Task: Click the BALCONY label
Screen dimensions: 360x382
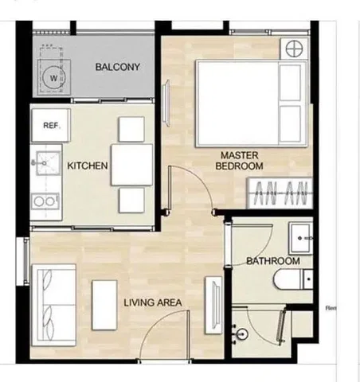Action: (x=118, y=67)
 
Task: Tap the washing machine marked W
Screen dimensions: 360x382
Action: (x=54, y=77)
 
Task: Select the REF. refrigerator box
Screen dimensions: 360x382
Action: (x=51, y=125)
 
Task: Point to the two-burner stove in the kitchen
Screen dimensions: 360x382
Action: (x=45, y=201)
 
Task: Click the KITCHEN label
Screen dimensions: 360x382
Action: (x=88, y=166)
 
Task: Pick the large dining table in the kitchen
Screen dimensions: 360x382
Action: (x=132, y=165)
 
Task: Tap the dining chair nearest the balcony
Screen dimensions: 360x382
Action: (x=131, y=129)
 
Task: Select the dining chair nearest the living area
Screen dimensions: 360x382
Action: (x=132, y=201)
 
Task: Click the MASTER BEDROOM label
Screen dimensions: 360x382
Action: (x=239, y=161)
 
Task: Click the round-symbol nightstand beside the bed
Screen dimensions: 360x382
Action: (x=294, y=49)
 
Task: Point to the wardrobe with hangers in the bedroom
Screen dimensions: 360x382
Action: (x=280, y=193)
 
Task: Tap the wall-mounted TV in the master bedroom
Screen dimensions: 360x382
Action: (x=166, y=103)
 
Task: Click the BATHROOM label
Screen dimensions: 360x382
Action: (x=273, y=261)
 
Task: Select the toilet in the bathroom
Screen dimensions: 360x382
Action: (x=293, y=279)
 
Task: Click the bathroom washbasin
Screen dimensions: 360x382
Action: (x=301, y=238)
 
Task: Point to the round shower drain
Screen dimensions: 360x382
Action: (x=242, y=333)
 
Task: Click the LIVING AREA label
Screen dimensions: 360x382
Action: (x=153, y=302)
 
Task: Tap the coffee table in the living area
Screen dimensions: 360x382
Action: (x=104, y=305)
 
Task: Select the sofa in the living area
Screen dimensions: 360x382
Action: (x=54, y=305)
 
